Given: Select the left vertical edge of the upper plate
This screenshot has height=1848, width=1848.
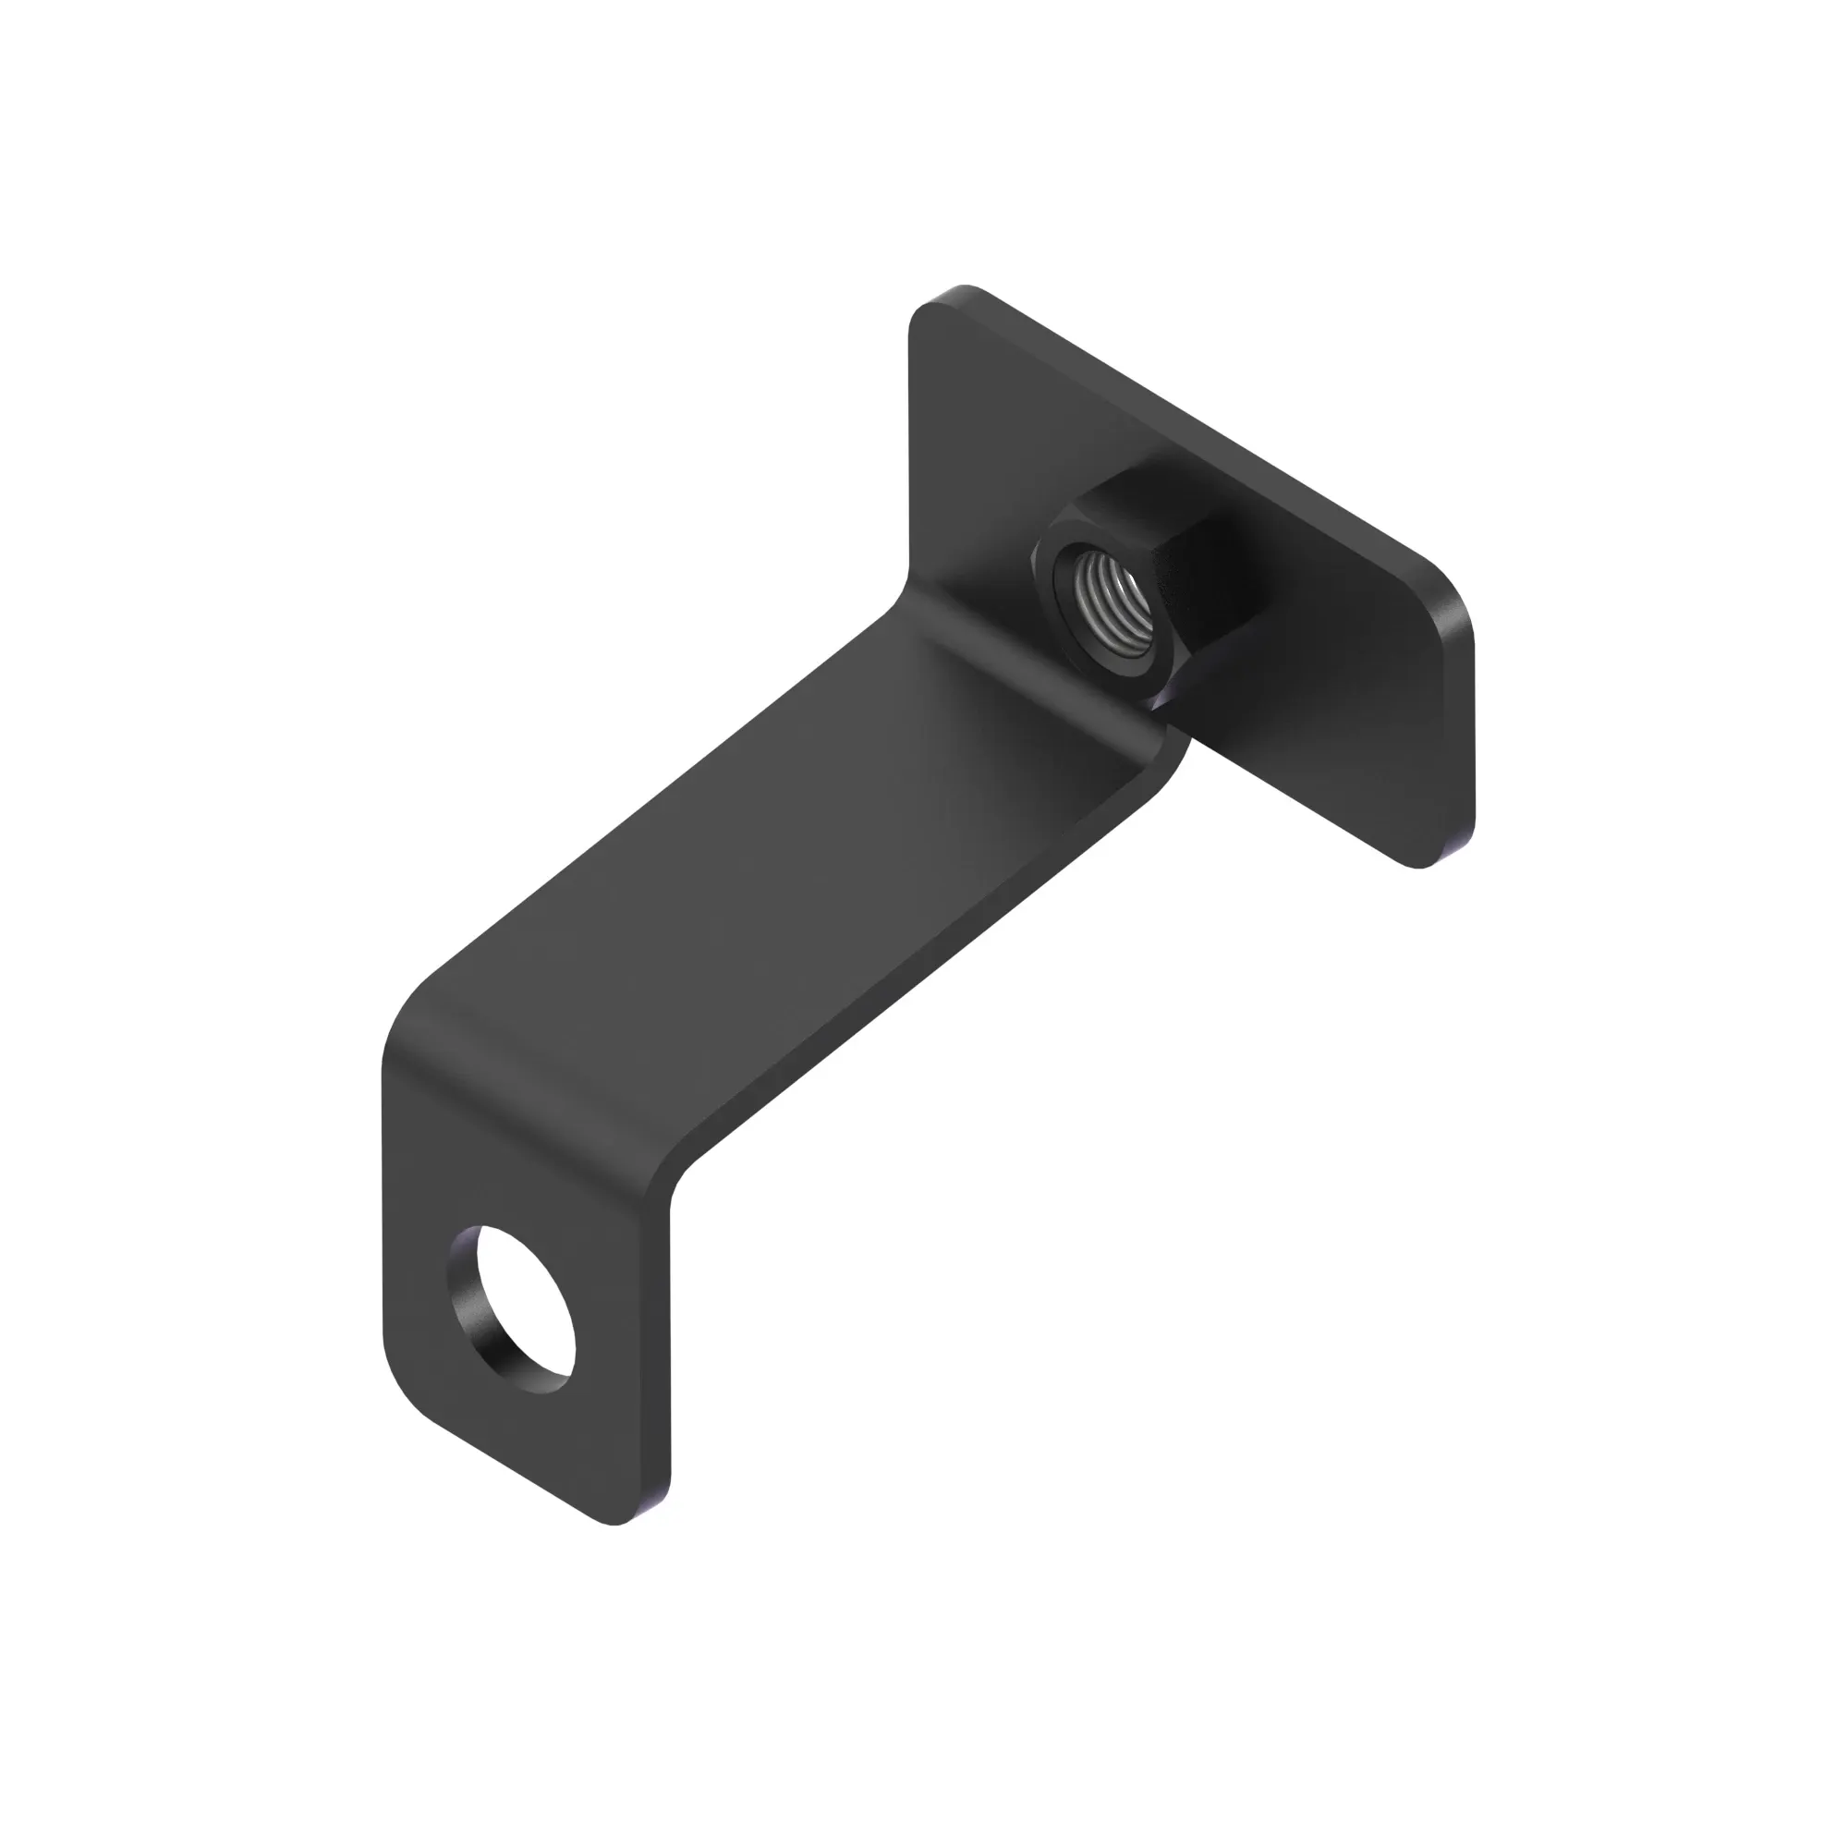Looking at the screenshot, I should (x=909, y=450).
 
